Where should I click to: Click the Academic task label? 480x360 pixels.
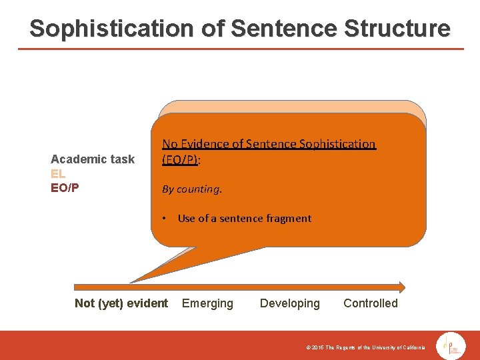point(93,159)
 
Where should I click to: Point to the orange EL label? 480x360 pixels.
point(58,173)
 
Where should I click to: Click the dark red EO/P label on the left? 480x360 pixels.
point(65,187)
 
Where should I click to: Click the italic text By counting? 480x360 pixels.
point(192,189)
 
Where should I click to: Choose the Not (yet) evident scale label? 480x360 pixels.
point(121,303)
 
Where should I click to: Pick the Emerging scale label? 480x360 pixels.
point(208,303)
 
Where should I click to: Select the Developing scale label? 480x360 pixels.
point(290,303)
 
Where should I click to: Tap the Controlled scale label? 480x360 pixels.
point(371,303)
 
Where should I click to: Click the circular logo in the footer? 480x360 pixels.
point(451,346)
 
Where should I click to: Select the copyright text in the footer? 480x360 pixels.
point(365,348)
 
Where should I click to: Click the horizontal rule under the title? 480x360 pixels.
point(240,49)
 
